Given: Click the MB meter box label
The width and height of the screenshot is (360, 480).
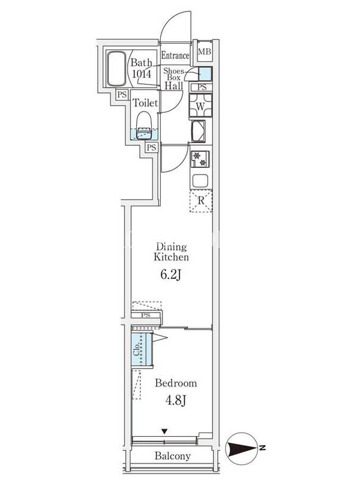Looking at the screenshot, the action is [x=205, y=52].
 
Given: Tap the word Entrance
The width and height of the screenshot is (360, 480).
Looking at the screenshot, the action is [x=175, y=56].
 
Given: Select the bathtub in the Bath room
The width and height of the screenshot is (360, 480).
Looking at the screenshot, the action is [x=116, y=68].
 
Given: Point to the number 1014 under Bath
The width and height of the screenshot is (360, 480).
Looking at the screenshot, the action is [x=142, y=74].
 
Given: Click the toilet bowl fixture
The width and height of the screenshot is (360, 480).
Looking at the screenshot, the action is [x=144, y=125].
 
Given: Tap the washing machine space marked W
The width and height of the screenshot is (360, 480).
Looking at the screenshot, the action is [x=200, y=106].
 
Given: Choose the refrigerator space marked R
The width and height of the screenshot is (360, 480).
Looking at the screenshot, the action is [x=201, y=201].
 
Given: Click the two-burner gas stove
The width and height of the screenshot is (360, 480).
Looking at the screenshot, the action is [x=200, y=159].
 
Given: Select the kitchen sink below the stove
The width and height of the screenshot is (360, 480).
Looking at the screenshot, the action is [x=200, y=181].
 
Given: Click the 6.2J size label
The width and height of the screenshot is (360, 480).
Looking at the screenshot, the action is [x=171, y=275].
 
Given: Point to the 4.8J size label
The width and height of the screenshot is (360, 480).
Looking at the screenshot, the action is [x=176, y=400].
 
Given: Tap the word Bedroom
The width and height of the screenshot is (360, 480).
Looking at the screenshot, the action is [x=176, y=383].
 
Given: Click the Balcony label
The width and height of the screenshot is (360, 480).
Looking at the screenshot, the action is [x=173, y=456].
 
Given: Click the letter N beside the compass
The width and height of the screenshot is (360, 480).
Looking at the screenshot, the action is [x=262, y=448].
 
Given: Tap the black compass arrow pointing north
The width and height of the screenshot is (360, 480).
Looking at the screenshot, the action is [x=241, y=449].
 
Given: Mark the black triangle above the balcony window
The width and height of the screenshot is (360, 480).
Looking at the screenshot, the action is [x=164, y=431].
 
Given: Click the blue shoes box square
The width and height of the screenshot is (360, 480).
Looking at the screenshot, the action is [x=205, y=74].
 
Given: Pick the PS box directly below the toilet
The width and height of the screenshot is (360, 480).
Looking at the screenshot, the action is [x=151, y=148].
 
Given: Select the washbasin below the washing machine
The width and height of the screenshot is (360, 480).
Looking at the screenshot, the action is [x=199, y=131].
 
